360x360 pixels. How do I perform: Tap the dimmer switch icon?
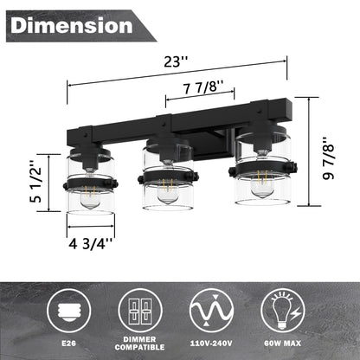point(140,308)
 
